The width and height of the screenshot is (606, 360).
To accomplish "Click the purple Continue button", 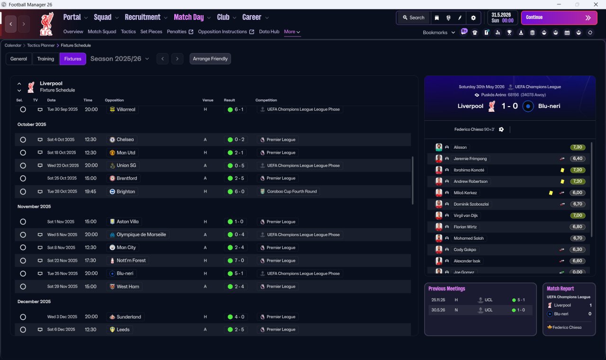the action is click(x=559, y=18).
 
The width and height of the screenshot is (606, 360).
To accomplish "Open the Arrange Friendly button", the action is click(x=210, y=59).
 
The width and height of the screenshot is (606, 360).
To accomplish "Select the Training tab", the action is click(x=45, y=59).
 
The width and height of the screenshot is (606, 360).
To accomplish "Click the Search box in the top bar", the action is click(x=414, y=18).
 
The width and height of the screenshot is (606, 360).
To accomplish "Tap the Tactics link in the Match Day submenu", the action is click(x=128, y=32).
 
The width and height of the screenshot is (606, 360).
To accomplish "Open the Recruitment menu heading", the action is click(x=143, y=18).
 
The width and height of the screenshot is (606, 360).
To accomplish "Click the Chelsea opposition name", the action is click(x=125, y=139).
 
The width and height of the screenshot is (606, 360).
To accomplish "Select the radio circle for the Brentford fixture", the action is click(x=23, y=179).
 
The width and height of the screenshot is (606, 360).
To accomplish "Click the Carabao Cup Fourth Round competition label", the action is click(x=292, y=191).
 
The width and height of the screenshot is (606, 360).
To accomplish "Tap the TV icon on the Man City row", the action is click(x=40, y=247).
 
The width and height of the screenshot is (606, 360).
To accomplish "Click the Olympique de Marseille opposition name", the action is click(x=141, y=234).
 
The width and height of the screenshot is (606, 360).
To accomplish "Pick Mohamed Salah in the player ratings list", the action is click(x=469, y=238).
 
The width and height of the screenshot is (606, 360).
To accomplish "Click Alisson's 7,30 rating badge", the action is click(x=578, y=147).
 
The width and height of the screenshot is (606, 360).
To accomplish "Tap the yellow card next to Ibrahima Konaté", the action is click(x=562, y=170).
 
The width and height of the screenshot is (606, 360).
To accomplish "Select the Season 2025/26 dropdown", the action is click(x=120, y=59).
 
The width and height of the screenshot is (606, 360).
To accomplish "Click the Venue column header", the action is click(x=208, y=100).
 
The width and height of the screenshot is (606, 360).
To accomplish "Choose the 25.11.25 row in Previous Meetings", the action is click(x=480, y=300).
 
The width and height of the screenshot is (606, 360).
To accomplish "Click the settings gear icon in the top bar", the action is click(x=473, y=18).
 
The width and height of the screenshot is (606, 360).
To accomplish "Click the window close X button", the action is click(x=596, y=4).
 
